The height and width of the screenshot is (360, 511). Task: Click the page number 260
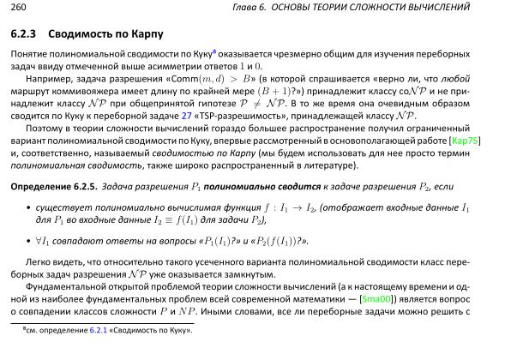(x=18, y=7)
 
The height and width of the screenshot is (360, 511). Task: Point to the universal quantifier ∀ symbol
(x=39, y=240)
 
